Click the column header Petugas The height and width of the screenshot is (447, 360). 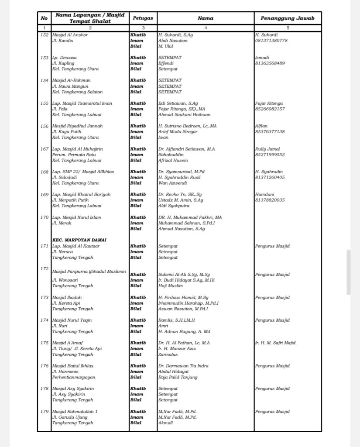pyautogui.click(x=143, y=18)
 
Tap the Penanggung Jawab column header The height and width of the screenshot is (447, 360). pyautogui.click(x=287, y=18)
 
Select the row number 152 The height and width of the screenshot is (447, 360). pyautogui.click(x=44, y=35)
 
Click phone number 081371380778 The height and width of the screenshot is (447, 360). pyautogui.click(x=271, y=41)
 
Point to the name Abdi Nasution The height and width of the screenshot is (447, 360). pyautogui.click(x=173, y=41)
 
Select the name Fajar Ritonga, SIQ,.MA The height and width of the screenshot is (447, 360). pyautogui.click(x=182, y=109)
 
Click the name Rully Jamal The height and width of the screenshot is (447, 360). pyautogui.click(x=267, y=149)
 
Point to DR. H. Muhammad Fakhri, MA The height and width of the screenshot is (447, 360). pyautogui.click(x=190, y=217)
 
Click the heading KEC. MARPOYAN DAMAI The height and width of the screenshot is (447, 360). pyautogui.click(x=79, y=240)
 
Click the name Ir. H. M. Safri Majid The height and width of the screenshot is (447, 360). pyautogui.click(x=275, y=343)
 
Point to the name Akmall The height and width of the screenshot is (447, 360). pyautogui.click(x=165, y=423)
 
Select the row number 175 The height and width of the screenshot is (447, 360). pyautogui.click(x=44, y=343)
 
